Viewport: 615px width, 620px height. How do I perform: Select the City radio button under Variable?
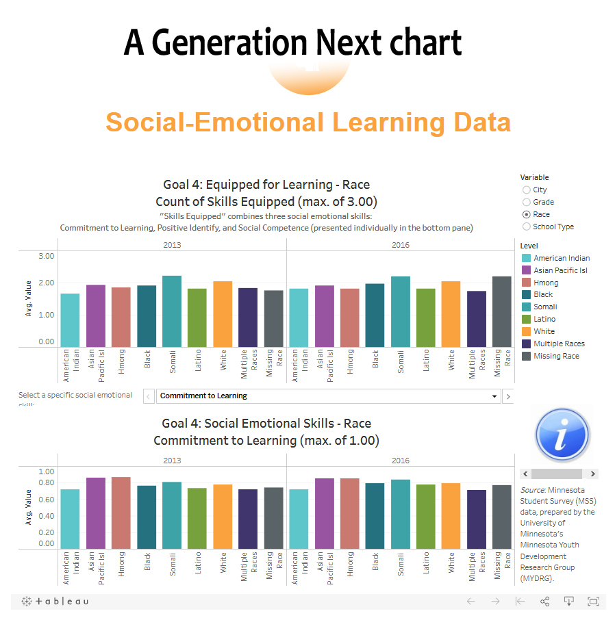pos(526,190)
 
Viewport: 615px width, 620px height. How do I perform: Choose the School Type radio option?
pos(526,227)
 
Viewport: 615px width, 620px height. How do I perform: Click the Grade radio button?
pos(526,202)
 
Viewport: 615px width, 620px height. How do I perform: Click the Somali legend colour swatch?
pos(526,307)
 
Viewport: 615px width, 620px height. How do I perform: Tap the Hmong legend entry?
pos(546,283)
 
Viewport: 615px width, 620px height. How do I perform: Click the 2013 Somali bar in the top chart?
pos(172,311)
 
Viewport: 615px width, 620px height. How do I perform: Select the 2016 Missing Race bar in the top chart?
pos(502,311)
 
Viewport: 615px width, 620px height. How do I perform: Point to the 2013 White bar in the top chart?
pos(223,314)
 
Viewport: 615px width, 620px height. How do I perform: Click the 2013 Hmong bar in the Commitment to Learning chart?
pos(121,513)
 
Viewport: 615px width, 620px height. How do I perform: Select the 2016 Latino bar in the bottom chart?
pos(426,517)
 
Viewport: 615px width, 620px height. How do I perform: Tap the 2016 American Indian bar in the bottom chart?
pos(299,519)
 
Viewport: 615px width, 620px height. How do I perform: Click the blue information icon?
pos(562,436)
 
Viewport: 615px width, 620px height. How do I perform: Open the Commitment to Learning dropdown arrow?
pos(494,396)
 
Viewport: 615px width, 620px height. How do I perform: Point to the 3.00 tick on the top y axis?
pos(46,256)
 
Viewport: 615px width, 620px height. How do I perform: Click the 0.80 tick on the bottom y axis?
pos(46,482)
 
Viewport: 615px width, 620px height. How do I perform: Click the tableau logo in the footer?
pos(55,602)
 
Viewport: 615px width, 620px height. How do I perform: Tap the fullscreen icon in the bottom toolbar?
pos(593,602)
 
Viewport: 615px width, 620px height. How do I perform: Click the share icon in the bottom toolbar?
pos(545,602)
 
